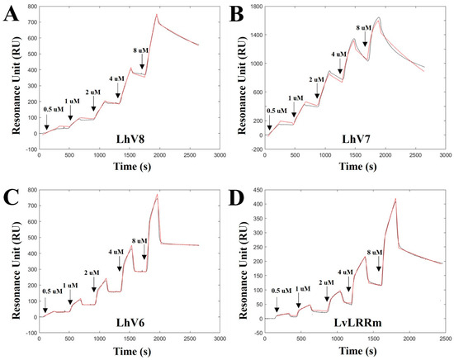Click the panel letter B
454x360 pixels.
(x=235, y=14)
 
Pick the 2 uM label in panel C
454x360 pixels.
(x=93, y=272)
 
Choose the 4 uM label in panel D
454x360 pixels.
(x=345, y=271)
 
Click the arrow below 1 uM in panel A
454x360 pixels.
(x=71, y=116)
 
